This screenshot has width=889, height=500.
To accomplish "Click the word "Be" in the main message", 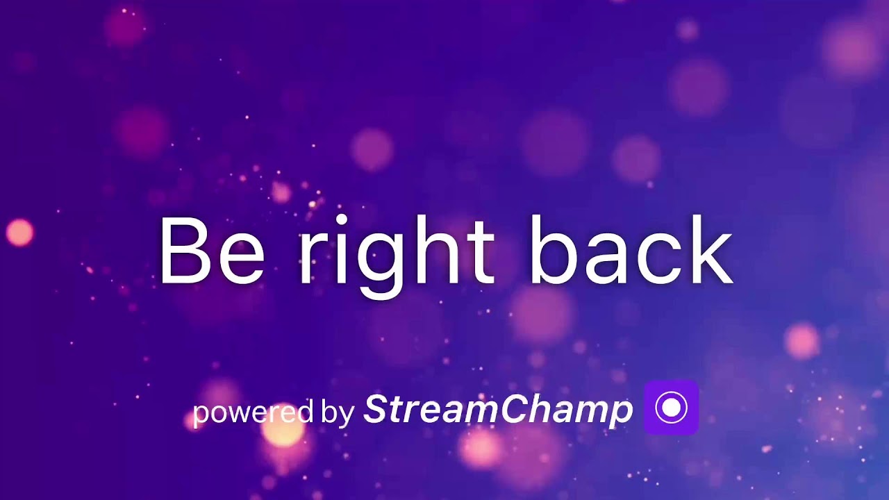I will [x=211, y=251].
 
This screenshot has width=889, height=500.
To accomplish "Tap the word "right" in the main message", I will [x=397, y=253].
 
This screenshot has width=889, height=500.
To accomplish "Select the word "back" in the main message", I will [x=631, y=251].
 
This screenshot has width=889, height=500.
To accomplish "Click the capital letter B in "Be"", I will [x=185, y=251].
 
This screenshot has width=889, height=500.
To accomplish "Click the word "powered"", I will [x=253, y=412].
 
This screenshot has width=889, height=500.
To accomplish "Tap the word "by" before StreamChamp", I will [x=338, y=411].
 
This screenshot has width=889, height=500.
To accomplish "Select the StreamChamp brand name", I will [x=498, y=409].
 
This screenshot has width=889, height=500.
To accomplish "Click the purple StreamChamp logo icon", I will [x=671, y=408].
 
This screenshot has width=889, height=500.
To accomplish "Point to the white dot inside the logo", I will [x=671, y=408].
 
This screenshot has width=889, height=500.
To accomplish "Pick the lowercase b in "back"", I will [x=552, y=251].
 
